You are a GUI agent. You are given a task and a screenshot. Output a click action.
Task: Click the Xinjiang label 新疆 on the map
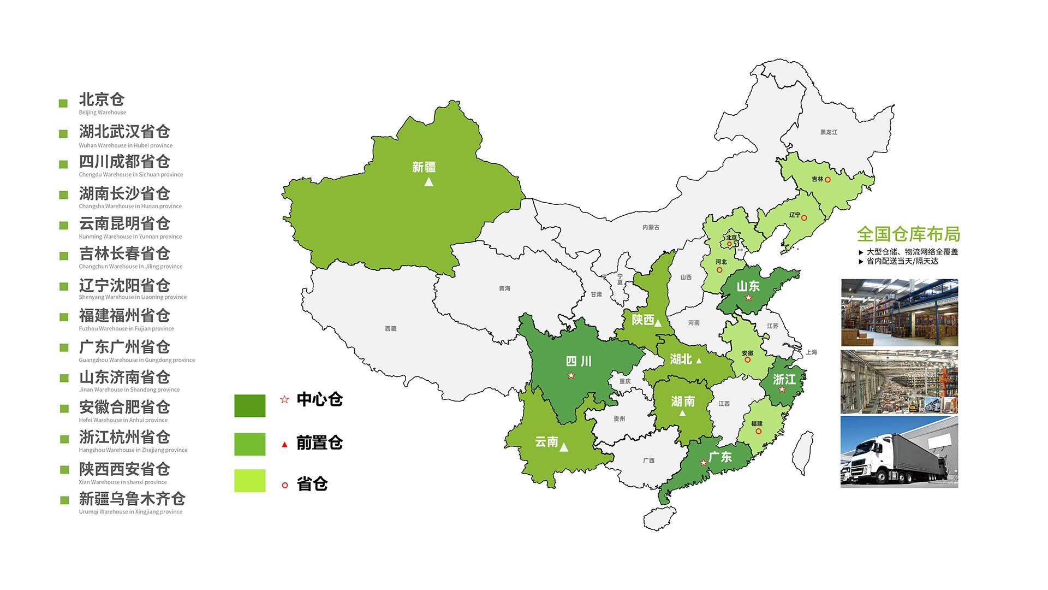424,167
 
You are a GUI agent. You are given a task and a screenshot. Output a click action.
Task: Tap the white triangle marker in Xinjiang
428,182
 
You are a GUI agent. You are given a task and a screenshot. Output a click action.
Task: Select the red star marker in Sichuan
571,375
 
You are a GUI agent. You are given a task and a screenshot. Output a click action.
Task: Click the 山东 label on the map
748,286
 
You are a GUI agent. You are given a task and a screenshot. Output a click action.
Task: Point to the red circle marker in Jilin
827,180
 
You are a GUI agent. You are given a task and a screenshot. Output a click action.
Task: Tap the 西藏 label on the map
390,329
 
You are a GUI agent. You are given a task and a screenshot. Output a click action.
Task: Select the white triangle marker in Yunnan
564,447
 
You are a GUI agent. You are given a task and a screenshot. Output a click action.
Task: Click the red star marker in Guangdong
703,463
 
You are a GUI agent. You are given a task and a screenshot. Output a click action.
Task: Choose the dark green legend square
249,406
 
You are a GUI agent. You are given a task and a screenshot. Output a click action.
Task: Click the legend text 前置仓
319,442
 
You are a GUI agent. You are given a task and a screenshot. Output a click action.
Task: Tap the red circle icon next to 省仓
284,485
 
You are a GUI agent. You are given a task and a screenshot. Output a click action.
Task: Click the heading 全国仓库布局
908,234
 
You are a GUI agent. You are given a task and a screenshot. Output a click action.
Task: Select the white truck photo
899,452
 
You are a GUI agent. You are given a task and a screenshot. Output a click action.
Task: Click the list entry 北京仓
102,99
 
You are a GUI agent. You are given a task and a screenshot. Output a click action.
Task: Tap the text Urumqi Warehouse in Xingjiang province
130,512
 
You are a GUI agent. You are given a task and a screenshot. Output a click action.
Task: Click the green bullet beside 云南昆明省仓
64,225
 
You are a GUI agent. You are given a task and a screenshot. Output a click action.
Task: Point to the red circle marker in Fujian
758,432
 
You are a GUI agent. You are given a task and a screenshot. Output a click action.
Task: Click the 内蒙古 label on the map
651,227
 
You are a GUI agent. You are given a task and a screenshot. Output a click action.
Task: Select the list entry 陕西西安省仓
124,469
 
